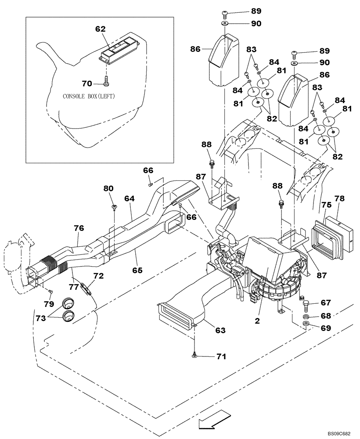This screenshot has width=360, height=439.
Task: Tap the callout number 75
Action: coord(325,205)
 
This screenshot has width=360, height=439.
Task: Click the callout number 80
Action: coord(108,189)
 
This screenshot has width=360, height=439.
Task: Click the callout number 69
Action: coord(326,328)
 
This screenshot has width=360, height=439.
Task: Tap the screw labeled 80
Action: coord(114,207)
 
